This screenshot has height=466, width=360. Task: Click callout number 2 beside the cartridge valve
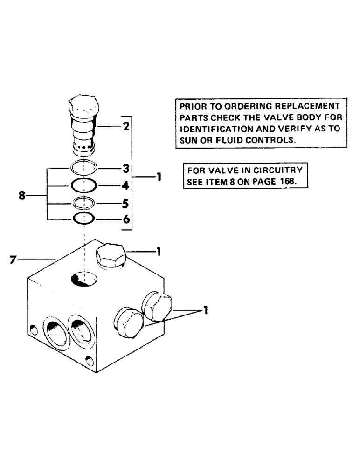pos(125,126)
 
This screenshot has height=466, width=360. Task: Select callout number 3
pos(125,167)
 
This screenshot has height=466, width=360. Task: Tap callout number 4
pos(125,185)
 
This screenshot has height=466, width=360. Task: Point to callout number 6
pos(125,219)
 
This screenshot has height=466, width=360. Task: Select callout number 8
pos(22,196)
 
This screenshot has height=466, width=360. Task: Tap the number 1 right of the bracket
pos(159,178)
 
